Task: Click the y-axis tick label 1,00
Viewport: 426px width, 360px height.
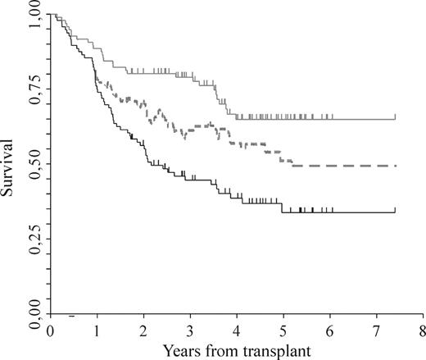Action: pos(32,16)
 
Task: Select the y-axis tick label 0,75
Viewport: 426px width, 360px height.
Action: pos(32,90)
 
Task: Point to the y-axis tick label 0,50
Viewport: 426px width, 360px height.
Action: pos(32,165)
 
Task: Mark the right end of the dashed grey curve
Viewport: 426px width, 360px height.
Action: pos(396,166)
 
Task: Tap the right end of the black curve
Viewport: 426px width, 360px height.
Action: pos(396,212)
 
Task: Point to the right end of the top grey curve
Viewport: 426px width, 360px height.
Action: pos(396,118)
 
